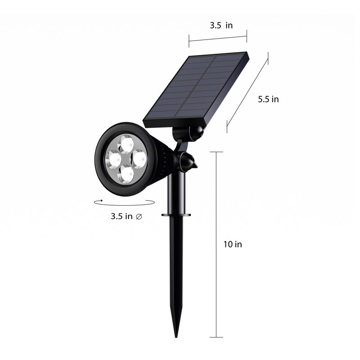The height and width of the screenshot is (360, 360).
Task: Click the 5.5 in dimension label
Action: click(268, 99)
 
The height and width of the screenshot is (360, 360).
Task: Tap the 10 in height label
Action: click(233, 244)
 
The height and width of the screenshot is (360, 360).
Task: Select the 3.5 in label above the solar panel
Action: click(221, 26)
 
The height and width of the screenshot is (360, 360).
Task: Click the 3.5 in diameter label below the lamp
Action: click(121, 216)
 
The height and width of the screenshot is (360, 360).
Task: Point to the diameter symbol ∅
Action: click(139, 216)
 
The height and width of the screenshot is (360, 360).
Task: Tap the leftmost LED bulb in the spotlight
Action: click(112, 158)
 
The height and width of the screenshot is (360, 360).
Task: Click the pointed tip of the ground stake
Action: click(176, 335)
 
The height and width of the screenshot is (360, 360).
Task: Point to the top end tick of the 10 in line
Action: click(216, 152)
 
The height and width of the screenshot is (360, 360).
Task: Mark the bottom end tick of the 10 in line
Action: click(216, 337)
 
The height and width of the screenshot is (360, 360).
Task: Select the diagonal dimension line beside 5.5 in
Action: click(247, 93)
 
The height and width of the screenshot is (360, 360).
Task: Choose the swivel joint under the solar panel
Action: click(191, 133)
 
